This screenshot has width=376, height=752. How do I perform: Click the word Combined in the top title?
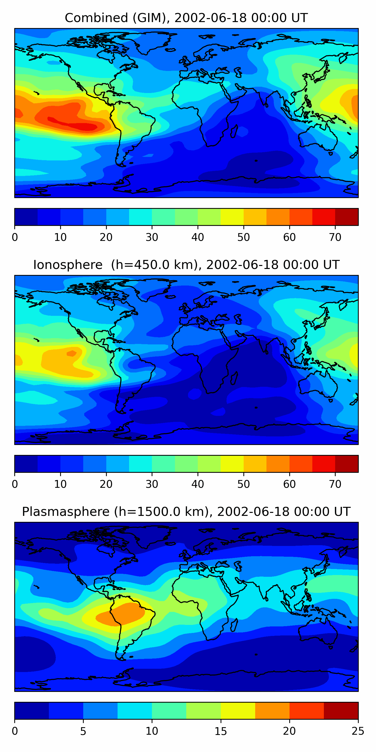(96, 18)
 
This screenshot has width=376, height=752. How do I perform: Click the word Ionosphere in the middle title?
(68, 265)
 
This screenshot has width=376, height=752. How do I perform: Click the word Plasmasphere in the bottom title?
(65, 512)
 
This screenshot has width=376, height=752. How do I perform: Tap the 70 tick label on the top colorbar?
(335, 237)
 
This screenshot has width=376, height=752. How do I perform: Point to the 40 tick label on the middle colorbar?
(198, 484)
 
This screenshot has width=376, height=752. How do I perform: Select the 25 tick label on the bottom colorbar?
(358, 731)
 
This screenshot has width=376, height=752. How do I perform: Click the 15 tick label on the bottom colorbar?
(221, 731)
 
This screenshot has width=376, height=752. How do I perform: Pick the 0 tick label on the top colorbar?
(15, 237)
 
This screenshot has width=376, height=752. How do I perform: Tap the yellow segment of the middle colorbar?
(232, 464)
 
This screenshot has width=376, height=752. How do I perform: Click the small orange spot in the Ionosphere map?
(71, 353)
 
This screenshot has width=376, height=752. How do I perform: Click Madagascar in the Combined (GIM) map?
(234, 131)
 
